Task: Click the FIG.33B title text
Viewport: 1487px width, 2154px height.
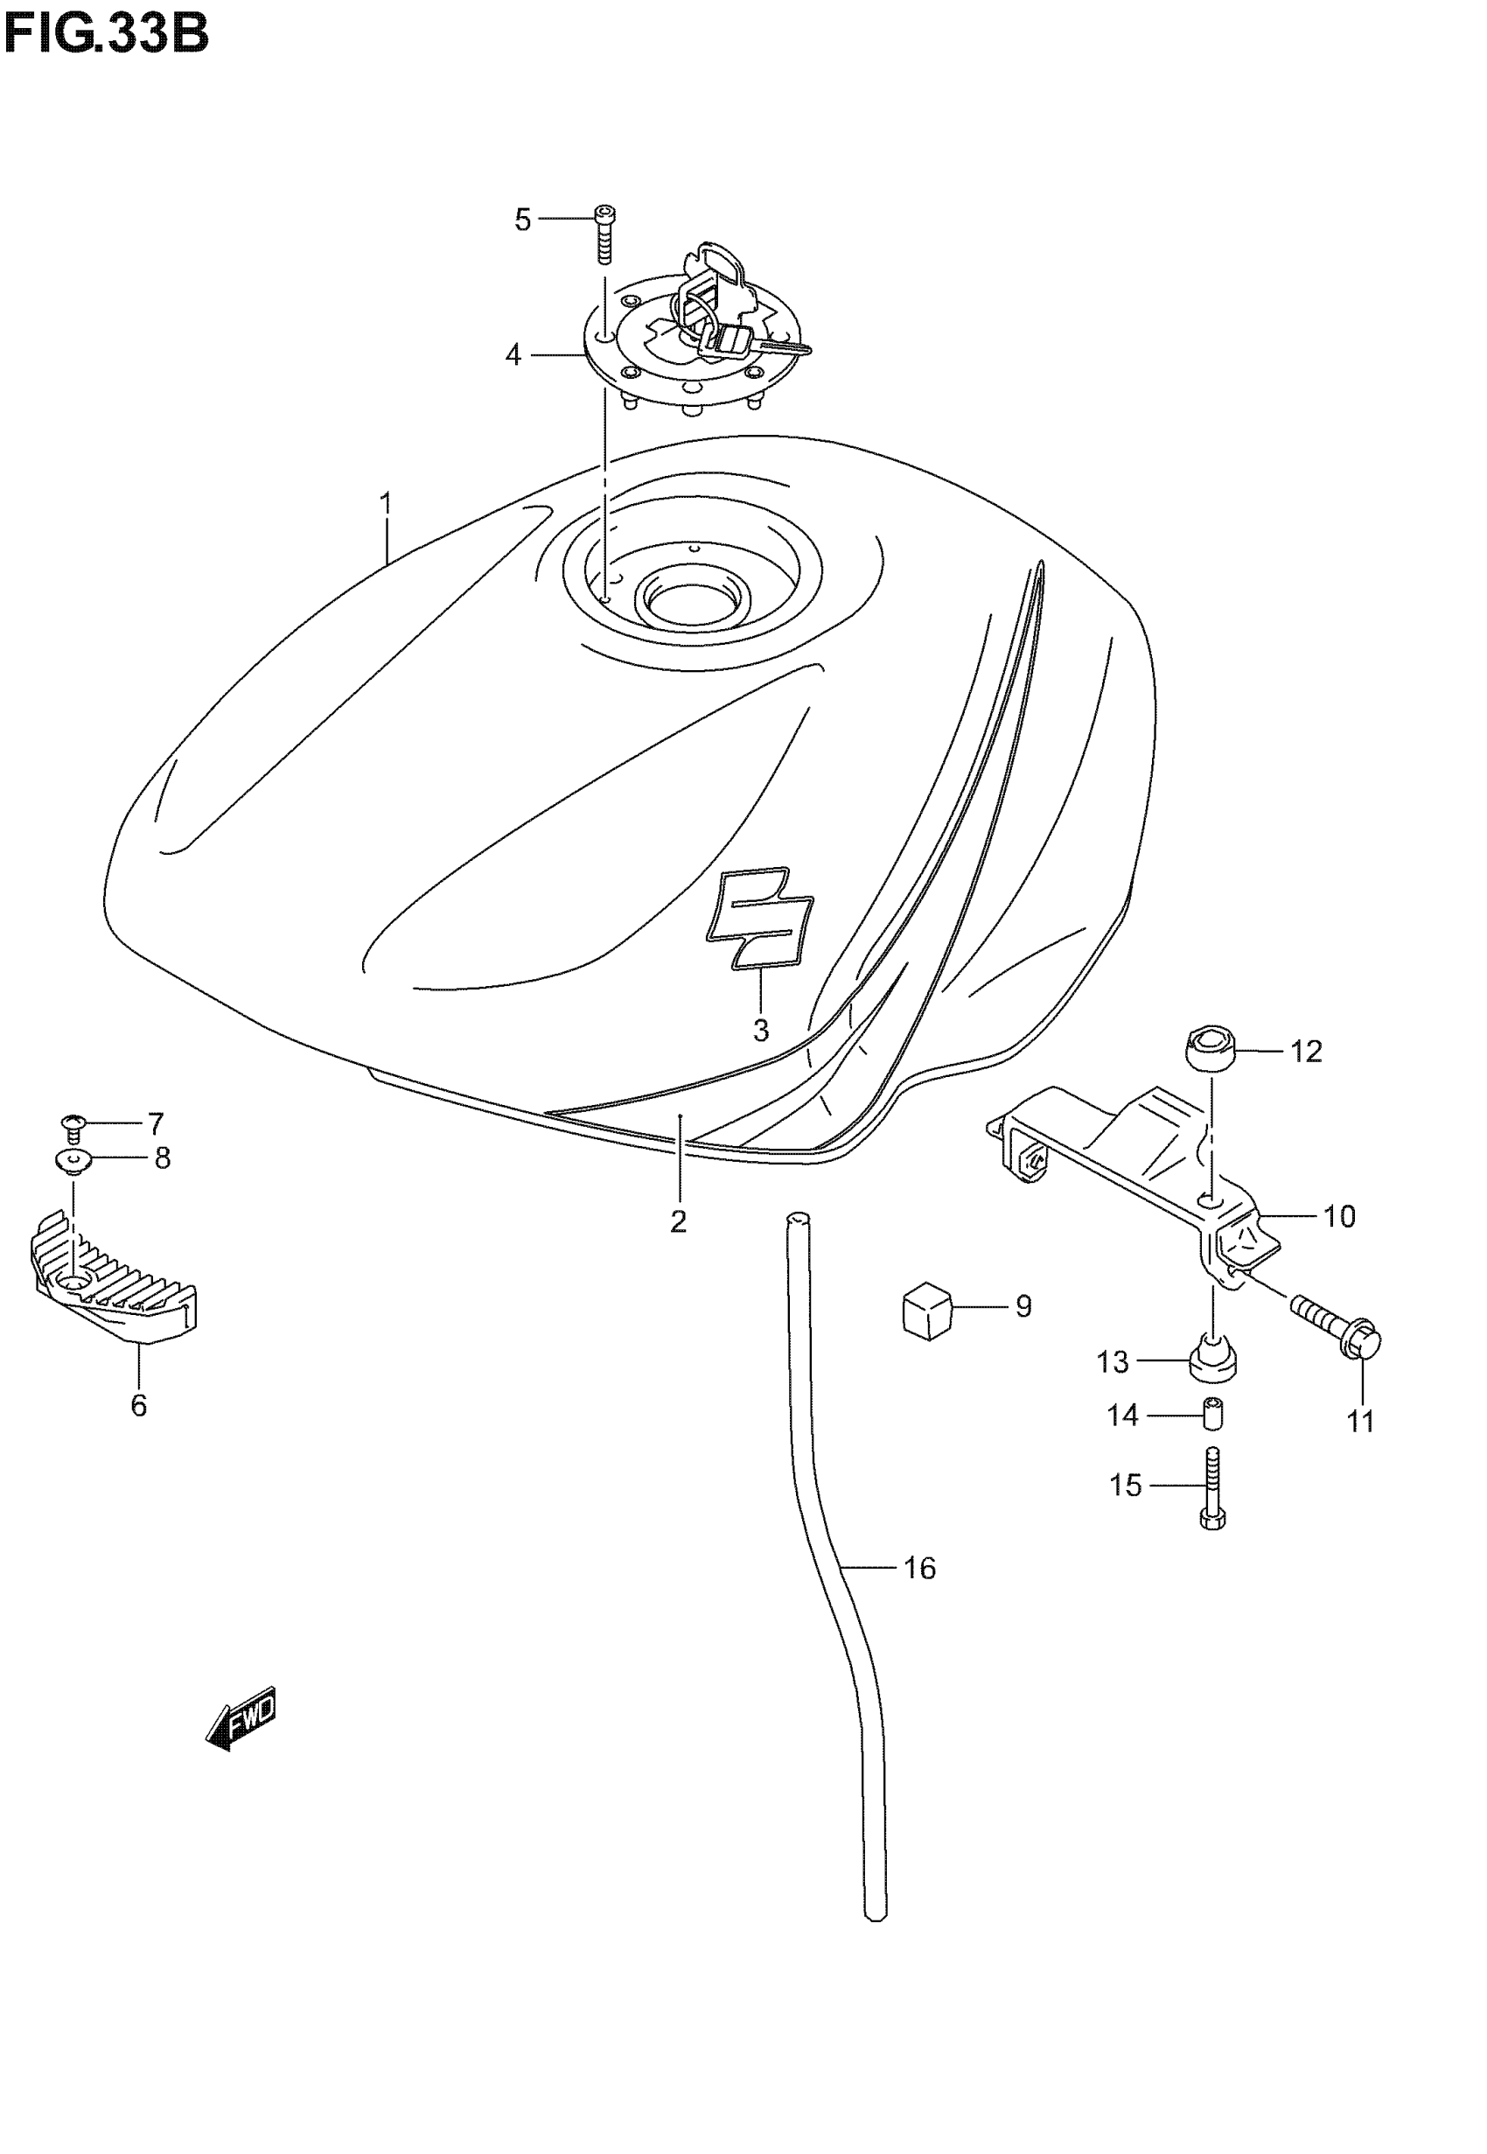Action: [106, 35]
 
